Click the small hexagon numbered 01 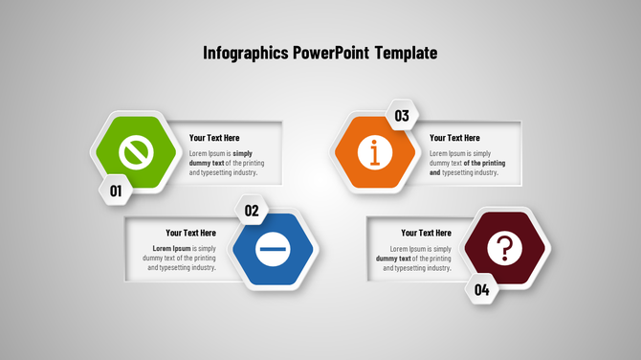click(116, 191)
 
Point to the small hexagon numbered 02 click(252, 211)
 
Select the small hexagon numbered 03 click(402, 116)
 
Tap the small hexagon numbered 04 click(482, 289)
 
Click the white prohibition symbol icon click(137, 151)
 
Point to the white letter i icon click(375, 151)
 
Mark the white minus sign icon click(274, 250)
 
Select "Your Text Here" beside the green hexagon click(214, 138)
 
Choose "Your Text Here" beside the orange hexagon click(454, 138)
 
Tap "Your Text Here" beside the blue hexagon click(190, 233)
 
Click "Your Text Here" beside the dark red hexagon click(426, 233)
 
